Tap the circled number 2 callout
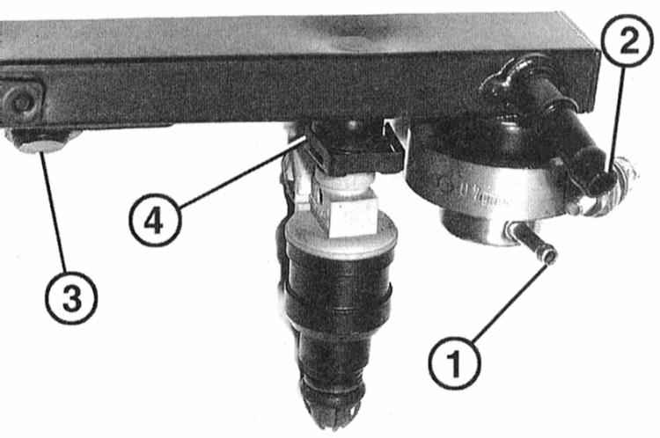click(x=628, y=40)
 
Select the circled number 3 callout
click(x=71, y=297)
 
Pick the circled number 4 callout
click(x=155, y=221)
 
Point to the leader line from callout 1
click(x=510, y=302)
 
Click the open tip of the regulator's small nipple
click(x=550, y=255)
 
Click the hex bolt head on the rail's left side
click(x=20, y=101)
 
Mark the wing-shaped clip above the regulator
click(x=502, y=78)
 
